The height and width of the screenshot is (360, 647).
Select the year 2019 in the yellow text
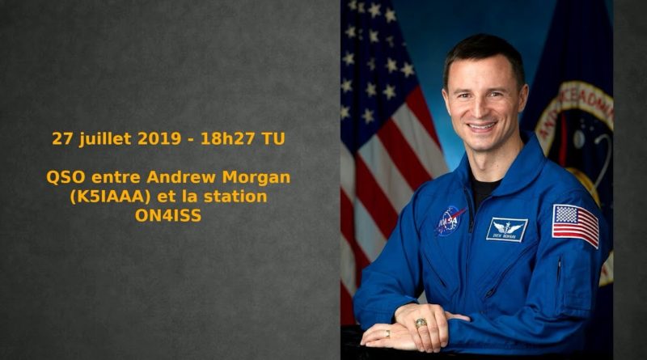coord(159,138)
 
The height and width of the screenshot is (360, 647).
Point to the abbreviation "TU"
coord(273,138)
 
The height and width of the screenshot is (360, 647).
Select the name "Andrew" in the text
coord(181,177)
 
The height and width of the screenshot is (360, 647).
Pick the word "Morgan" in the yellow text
coord(256,178)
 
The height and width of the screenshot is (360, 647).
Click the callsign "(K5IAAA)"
coord(109,197)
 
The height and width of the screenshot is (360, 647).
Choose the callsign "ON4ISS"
coord(168,215)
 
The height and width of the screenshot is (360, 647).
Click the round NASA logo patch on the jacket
coord(450,221)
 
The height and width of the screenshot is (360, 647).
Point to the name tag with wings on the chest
coord(507,230)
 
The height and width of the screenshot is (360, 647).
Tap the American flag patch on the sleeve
coord(576,225)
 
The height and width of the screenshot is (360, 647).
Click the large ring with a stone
coord(421,323)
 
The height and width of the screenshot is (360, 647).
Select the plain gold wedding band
coord(387,333)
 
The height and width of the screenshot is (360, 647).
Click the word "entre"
coord(116,178)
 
